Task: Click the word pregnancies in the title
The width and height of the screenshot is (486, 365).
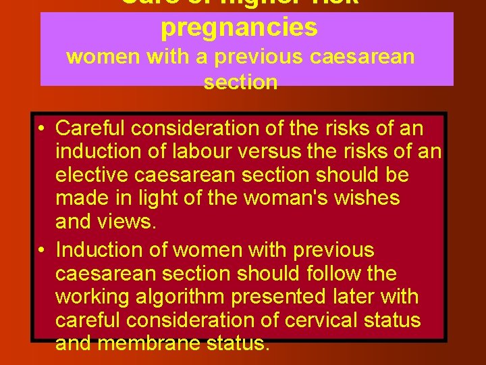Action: [239, 27]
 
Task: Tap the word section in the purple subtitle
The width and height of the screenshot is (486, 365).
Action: [240, 82]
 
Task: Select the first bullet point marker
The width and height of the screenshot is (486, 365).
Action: [42, 128]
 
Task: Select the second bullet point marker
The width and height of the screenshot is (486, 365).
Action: [42, 250]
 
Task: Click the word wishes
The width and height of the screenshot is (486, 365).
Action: [367, 199]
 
